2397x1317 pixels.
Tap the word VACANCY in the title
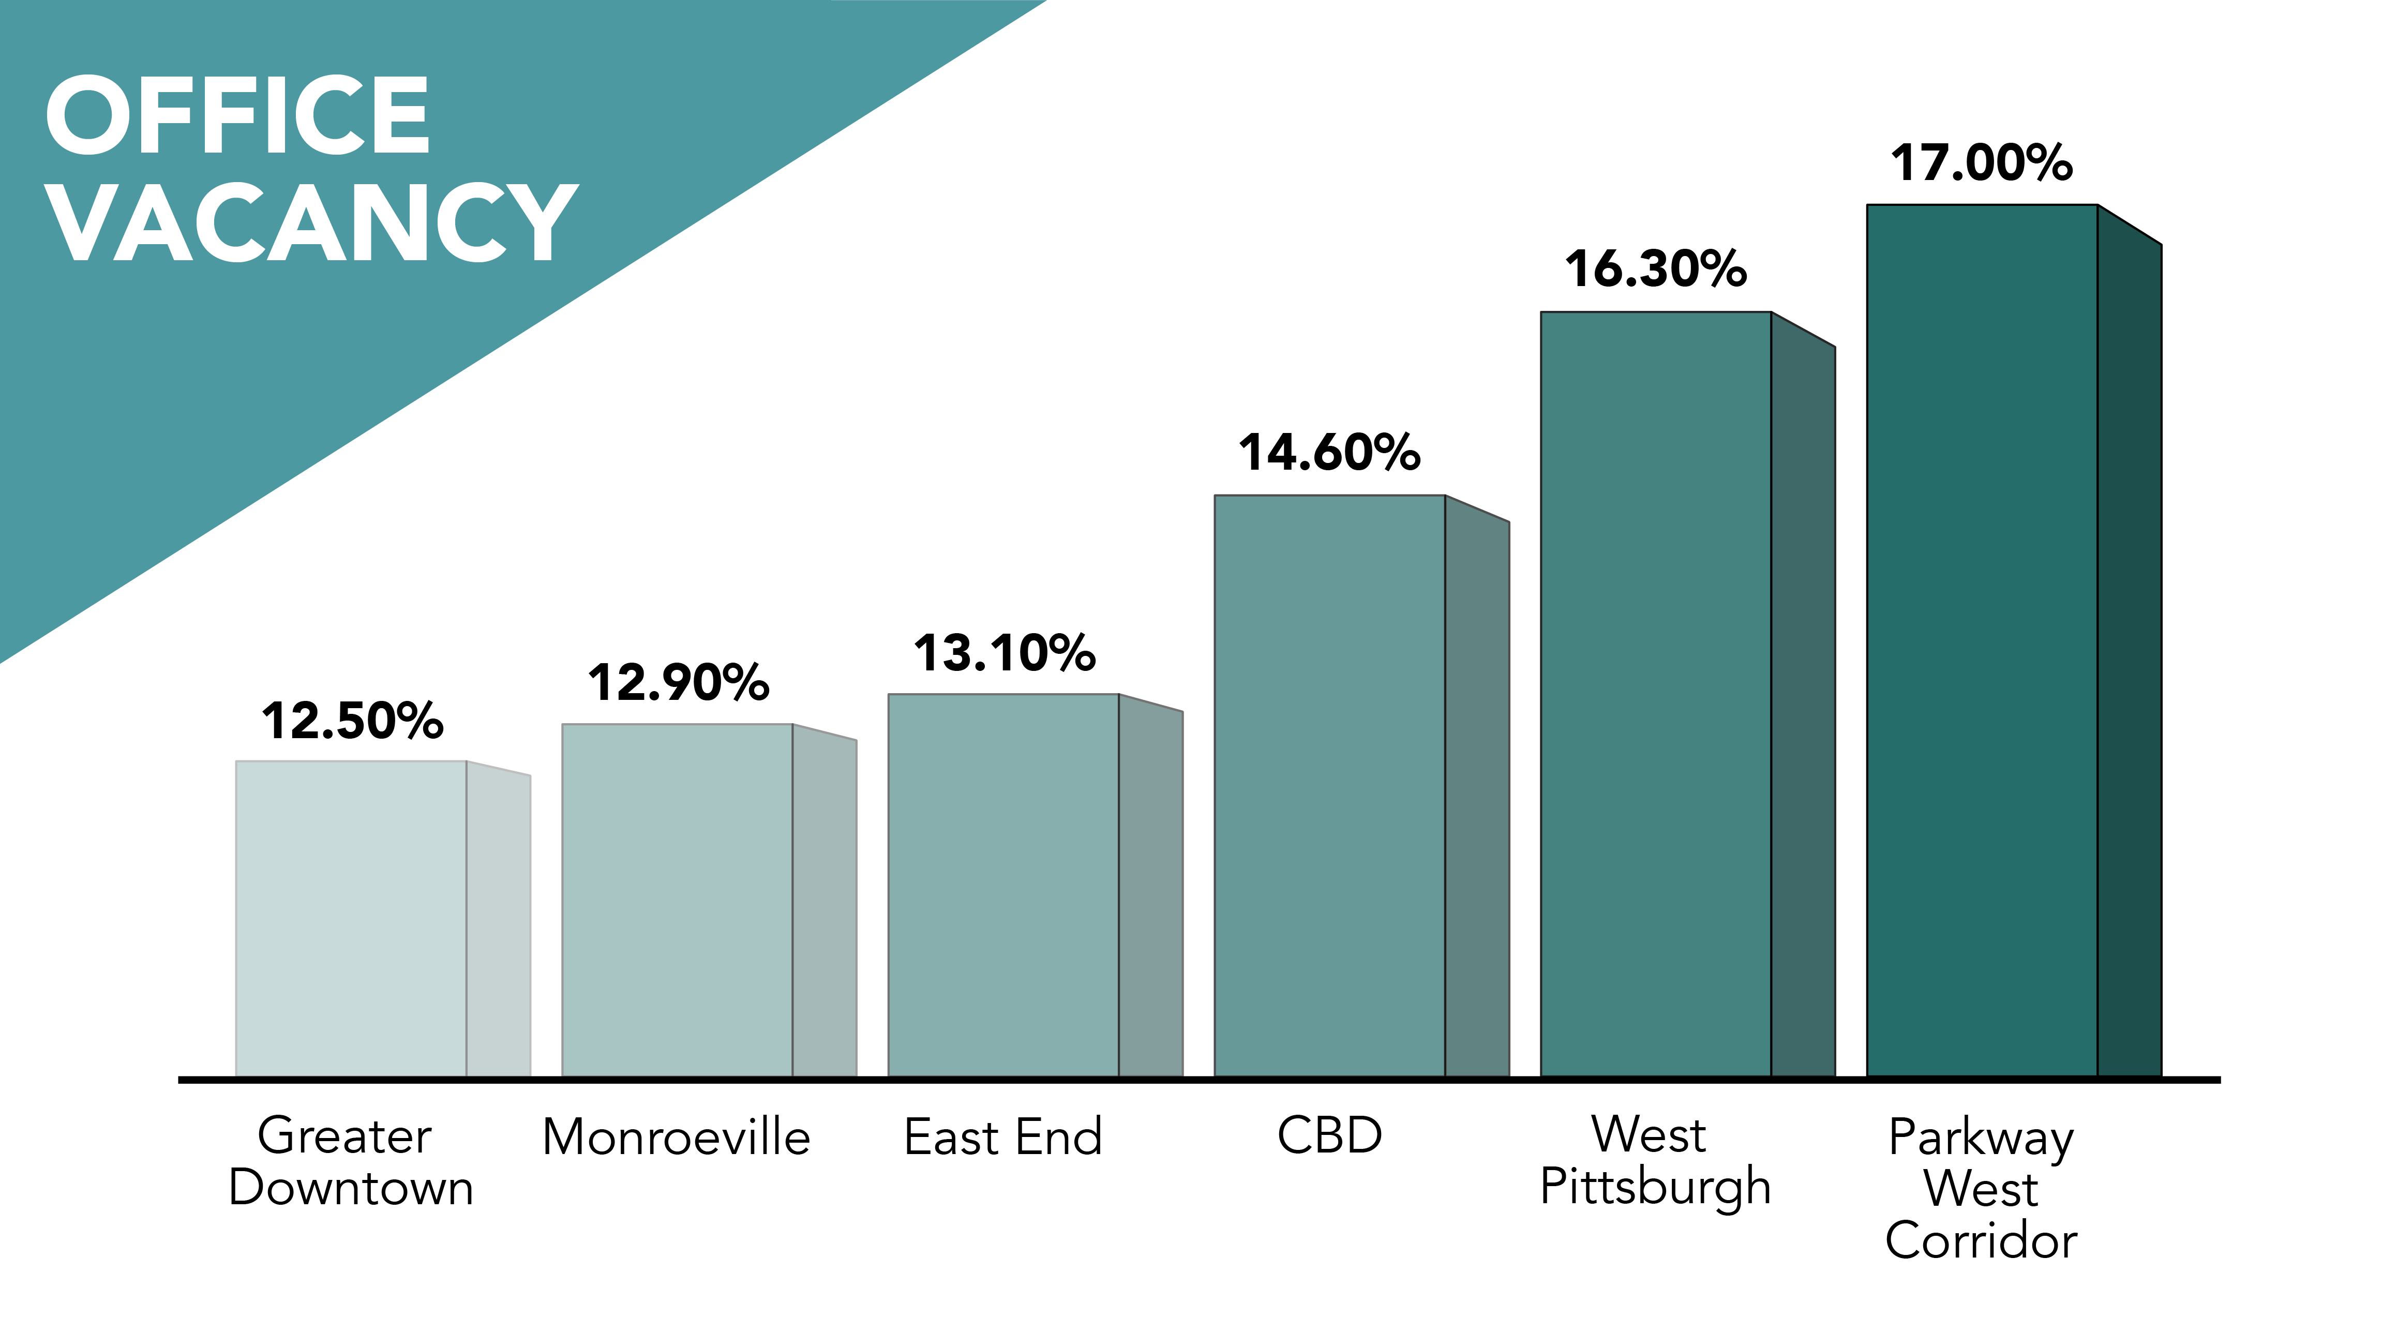(312, 223)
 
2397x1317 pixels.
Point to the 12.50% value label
(352, 721)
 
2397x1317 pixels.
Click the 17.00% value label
(1981, 163)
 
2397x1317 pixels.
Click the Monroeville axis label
(677, 1138)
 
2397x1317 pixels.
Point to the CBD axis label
(1330, 1135)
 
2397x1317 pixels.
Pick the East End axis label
(1003, 1138)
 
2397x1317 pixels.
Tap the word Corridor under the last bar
(1981, 1240)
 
